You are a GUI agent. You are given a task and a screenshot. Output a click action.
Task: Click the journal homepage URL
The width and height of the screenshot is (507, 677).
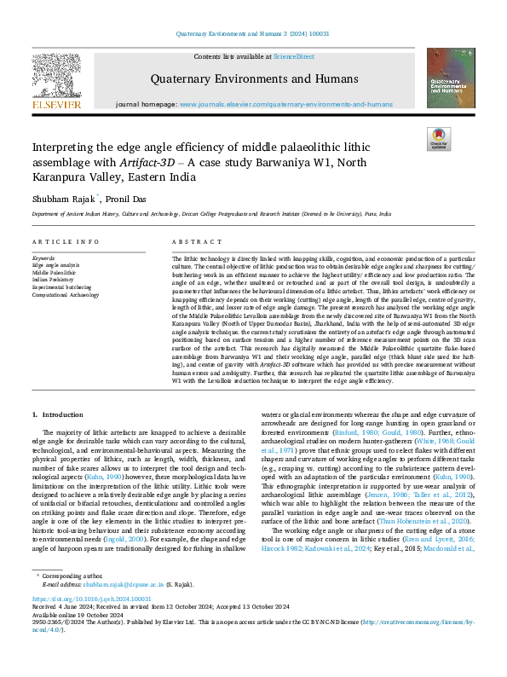(285, 104)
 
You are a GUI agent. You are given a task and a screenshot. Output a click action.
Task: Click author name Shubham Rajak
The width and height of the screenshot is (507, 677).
(61, 198)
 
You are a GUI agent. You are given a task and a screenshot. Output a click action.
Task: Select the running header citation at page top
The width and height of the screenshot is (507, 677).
(253, 33)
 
